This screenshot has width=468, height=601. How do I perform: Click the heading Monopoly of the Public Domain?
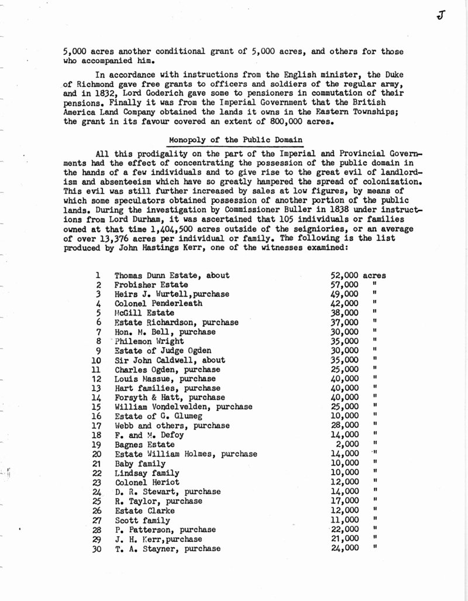(236, 140)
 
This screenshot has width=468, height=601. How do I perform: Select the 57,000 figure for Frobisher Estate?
(344, 285)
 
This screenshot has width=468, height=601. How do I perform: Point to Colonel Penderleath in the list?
(158, 303)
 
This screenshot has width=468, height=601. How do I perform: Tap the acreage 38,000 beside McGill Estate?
(344, 313)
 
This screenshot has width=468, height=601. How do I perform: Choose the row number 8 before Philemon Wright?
(99, 341)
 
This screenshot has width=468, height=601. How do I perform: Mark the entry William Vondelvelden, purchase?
(183, 407)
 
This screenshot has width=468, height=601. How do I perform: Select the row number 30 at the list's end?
(97, 548)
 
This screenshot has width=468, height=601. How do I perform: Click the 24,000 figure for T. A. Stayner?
(344, 548)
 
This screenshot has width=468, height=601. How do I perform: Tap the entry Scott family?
(142, 520)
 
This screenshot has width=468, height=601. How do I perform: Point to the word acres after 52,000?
(374, 275)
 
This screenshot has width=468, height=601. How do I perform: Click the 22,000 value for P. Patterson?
(344, 529)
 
